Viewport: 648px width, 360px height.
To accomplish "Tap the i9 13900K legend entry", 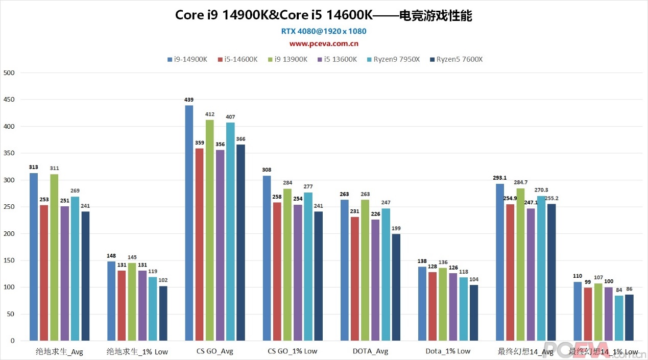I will tap(288, 59).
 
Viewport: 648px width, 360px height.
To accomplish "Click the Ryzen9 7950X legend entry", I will tap(393, 59).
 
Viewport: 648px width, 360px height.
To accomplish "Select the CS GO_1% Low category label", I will tap(293, 351).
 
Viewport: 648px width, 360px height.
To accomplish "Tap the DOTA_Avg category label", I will tap(370, 351).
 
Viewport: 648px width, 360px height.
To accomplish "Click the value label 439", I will tap(189, 100).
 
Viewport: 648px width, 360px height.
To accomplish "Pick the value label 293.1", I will tap(499, 178).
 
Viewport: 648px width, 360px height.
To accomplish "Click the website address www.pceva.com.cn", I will tap(324, 43).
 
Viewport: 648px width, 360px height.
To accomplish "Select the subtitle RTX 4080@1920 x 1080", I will tap(324, 31).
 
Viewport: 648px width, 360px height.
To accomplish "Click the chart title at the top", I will tap(324, 15).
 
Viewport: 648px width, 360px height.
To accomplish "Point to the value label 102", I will tap(163, 280).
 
